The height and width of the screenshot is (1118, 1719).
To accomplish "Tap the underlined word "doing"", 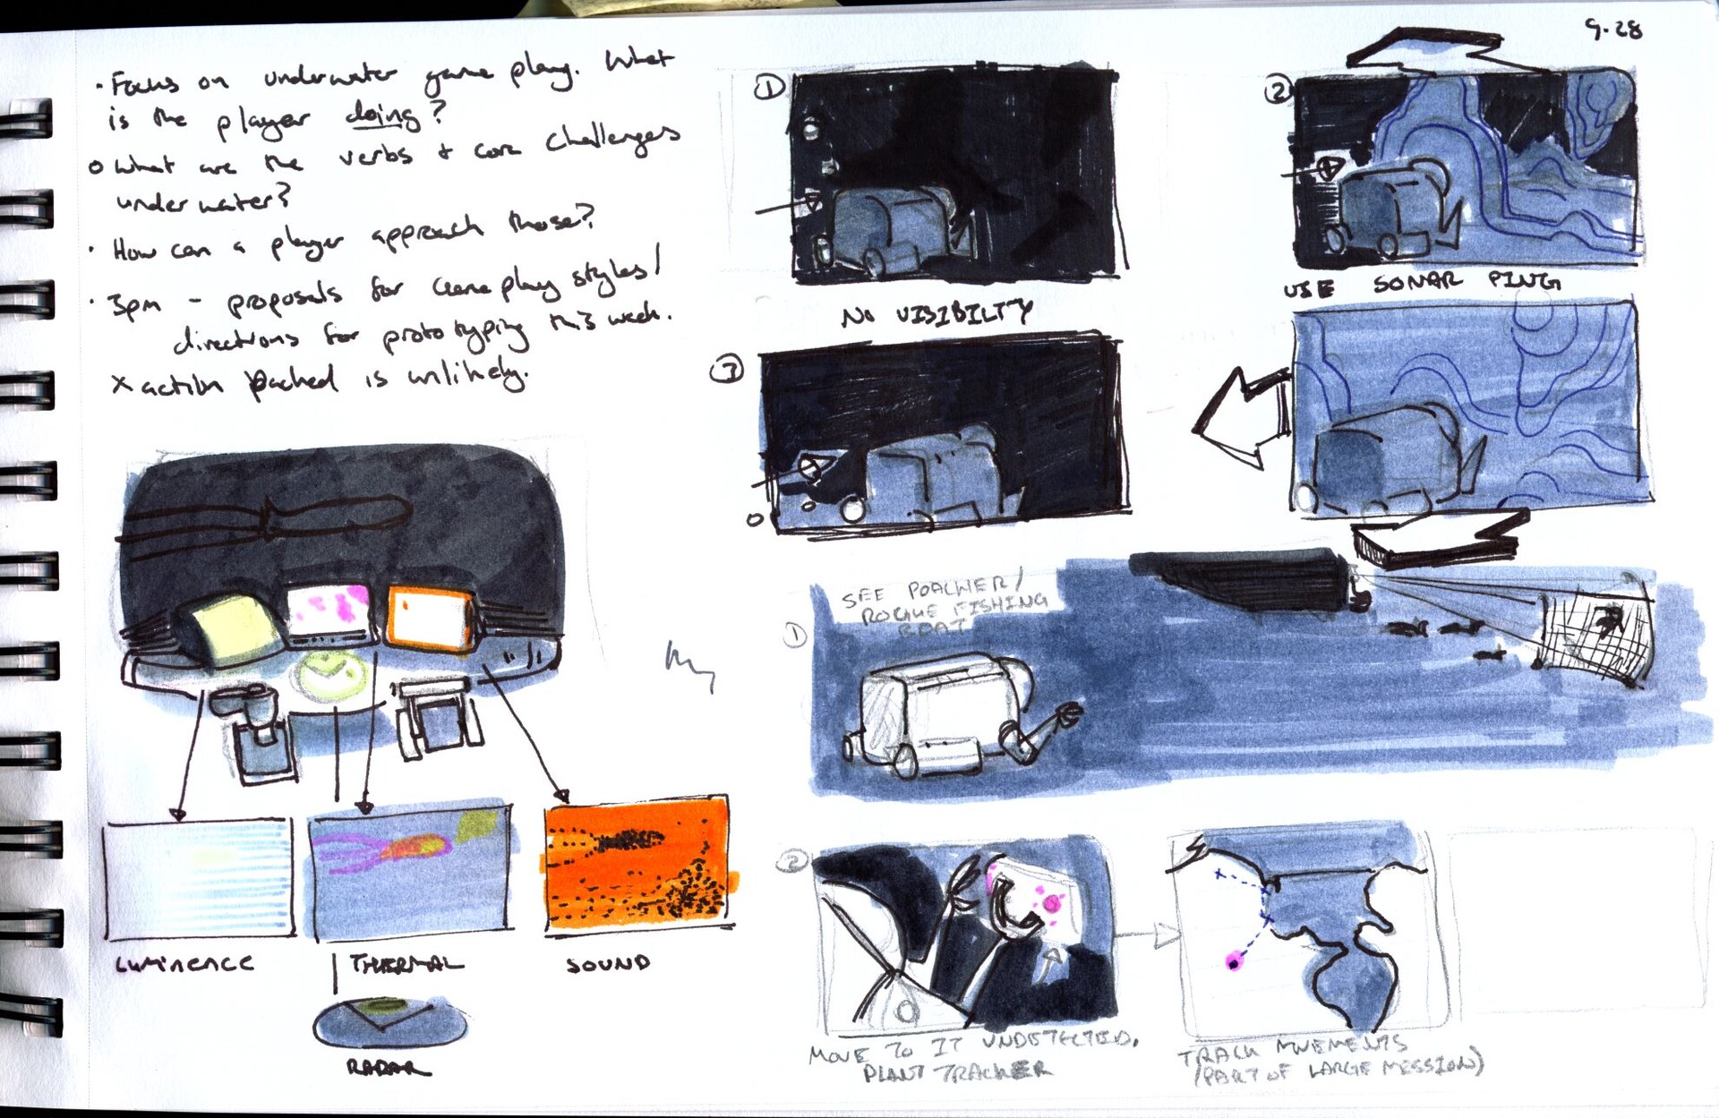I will (382, 115).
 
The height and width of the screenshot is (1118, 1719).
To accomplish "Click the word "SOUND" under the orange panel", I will (608, 964).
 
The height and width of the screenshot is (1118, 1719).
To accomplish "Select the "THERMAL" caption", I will (406, 964).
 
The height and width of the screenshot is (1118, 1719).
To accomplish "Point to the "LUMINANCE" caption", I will (184, 964).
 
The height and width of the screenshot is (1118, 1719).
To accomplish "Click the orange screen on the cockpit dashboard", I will (431, 617).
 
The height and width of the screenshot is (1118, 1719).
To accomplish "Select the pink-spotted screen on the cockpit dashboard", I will (329, 611).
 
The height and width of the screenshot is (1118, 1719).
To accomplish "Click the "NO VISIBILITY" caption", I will (936, 313).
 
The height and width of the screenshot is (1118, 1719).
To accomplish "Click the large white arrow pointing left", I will (1240, 416).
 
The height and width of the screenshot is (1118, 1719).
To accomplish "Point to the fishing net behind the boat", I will (1597, 639).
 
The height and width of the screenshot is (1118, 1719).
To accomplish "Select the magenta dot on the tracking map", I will (1235, 962).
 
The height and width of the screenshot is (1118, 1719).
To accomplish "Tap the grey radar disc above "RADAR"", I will (389, 1023).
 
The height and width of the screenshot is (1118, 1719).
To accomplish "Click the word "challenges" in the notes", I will (612, 139).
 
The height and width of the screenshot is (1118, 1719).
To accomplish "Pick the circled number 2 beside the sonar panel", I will (1278, 90).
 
